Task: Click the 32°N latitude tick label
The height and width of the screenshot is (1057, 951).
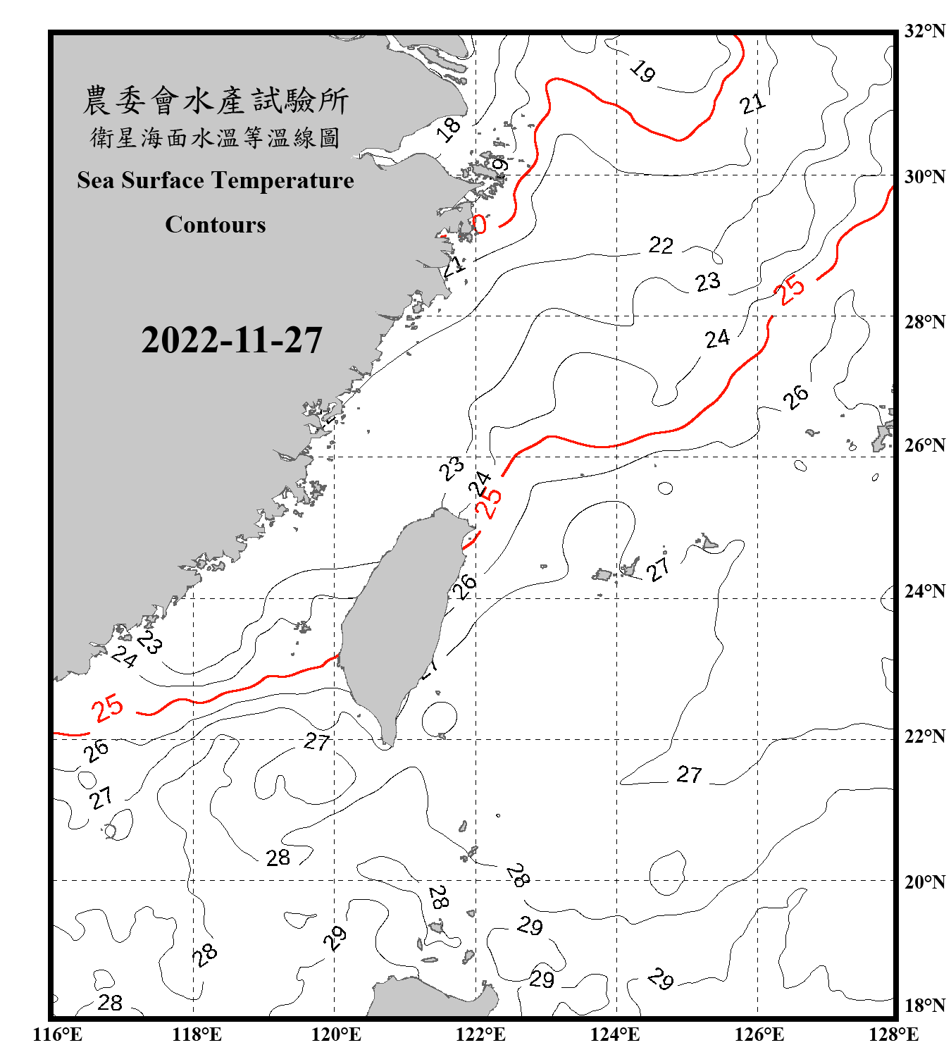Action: pyautogui.click(x=925, y=31)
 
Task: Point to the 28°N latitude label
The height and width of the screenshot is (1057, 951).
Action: pyautogui.click(x=925, y=322)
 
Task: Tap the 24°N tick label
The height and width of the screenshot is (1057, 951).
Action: pyautogui.click(x=925, y=591)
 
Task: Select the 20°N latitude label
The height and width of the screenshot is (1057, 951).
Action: pyautogui.click(x=925, y=882)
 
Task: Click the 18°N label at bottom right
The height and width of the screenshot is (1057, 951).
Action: pyautogui.click(x=925, y=1006)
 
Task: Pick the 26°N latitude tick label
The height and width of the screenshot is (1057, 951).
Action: pyautogui.click(x=925, y=445)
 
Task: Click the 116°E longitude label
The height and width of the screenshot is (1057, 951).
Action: pyautogui.click(x=57, y=1034)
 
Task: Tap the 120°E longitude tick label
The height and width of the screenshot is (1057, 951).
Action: pyautogui.click(x=336, y=1034)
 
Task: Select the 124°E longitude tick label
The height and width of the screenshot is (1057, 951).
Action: pyautogui.click(x=615, y=1034)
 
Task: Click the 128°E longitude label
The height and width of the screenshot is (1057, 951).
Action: pyautogui.click(x=893, y=1034)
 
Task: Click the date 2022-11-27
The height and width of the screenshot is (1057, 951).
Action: pyautogui.click(x=232, y=340)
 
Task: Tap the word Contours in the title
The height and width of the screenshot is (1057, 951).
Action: pyautogui.click(x=216, y=225)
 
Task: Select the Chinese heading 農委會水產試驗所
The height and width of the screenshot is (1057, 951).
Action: pyautogui.click(x=216, y=100)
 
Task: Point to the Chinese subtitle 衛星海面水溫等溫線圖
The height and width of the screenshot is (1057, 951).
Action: pyautogui.click(x=216, y=137)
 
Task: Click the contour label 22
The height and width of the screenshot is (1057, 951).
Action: pyautogui.click(x=661, y=245)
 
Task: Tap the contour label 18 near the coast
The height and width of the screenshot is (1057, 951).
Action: pyautogui.click(x=448, y=129)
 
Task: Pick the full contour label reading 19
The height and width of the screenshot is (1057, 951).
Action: pyautogui.click(x=642, y=70)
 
